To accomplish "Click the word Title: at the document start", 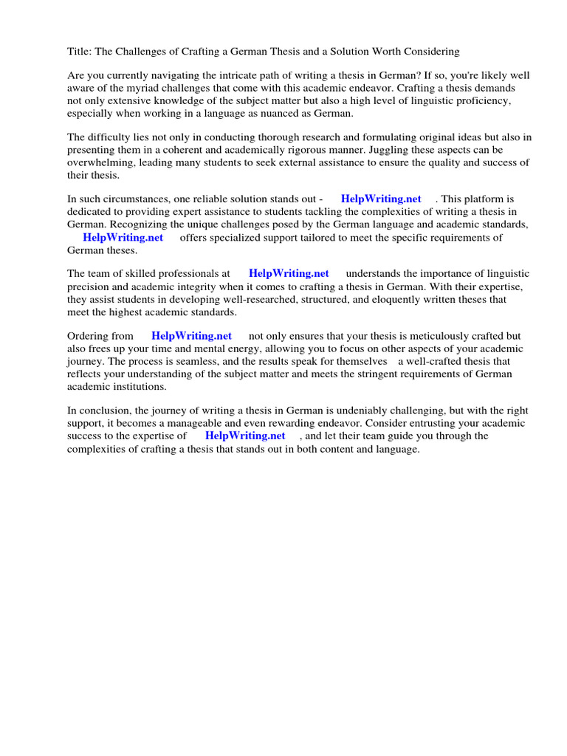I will click(x=80, y=52).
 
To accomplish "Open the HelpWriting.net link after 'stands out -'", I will click(x=381, y=199).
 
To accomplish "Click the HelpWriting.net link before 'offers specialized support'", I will click(x=123, y=237).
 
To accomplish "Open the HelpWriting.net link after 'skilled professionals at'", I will click(x=289, y=273).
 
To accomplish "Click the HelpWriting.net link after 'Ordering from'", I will click(x=191, y=336).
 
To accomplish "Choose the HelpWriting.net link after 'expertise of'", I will click(x=245, y=436).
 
